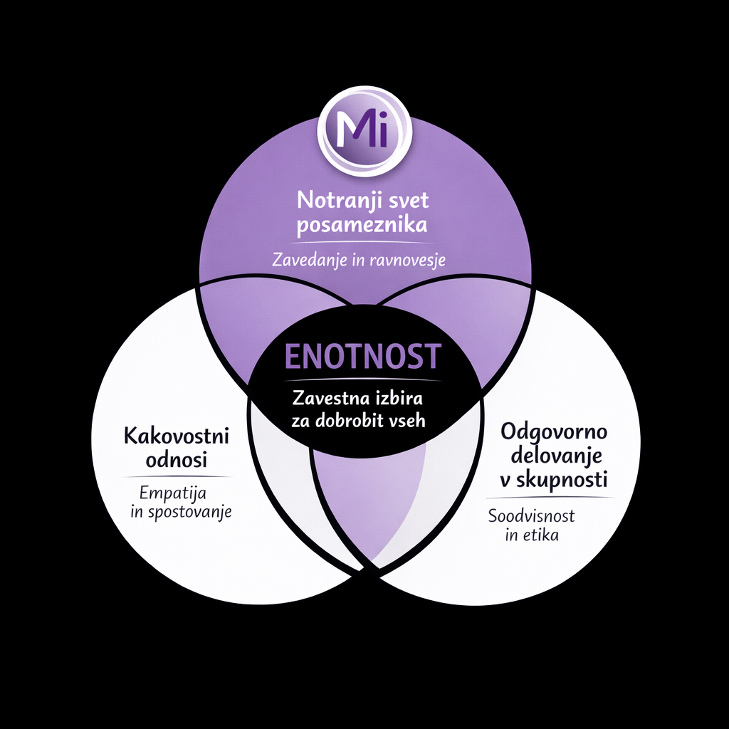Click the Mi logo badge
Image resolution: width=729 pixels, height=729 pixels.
tap(364, 133)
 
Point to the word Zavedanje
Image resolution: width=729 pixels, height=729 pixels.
tap(308, 261)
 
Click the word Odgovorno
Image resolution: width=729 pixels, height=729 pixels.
tap(552, 431)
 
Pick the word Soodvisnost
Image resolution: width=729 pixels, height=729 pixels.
tap(531, 515)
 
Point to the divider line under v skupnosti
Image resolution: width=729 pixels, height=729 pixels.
tap(552, 496)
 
